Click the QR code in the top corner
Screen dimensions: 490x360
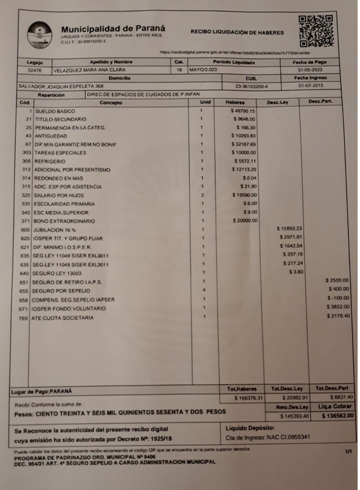(315, 30)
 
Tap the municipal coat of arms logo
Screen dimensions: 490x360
(39, 34)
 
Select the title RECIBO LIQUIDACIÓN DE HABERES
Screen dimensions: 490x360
(237, 33)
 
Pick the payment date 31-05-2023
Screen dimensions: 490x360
(310, 70)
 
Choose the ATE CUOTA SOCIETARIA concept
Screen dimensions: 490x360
(63, 318)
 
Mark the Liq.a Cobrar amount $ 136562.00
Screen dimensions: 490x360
(337, 416)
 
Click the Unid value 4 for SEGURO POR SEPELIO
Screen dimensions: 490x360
(204, 289)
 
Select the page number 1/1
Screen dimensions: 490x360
(347, 451)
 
